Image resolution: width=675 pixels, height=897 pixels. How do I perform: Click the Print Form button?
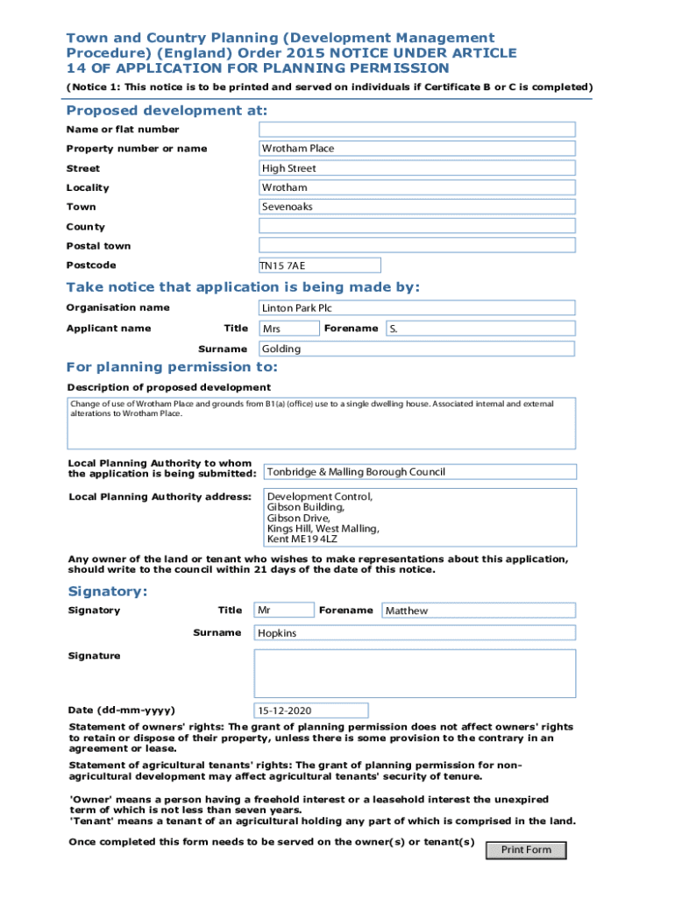(526, 850)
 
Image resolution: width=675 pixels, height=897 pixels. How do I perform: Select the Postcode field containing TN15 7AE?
(319, 265)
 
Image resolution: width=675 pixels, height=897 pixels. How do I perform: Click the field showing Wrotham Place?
(416, 149)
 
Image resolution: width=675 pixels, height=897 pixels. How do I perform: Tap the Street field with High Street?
(416, 168)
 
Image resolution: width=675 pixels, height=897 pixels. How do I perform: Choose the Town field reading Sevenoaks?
(416, 207)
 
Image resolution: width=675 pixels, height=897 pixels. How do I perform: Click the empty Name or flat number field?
(416, 130)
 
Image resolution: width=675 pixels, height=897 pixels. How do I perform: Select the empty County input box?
(416, 226)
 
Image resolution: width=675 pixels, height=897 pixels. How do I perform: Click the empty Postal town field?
(416, 245)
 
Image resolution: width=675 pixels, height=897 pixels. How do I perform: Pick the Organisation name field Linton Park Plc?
(416, 308)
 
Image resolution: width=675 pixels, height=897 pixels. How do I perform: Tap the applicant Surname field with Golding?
(416, 349)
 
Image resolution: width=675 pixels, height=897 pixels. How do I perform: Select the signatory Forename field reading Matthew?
(479, 611)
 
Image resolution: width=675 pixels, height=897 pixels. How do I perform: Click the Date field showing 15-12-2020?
(311, 710)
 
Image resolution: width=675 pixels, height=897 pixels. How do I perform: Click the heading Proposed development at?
(167, 111)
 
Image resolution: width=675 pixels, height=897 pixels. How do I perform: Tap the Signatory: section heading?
(108, 591)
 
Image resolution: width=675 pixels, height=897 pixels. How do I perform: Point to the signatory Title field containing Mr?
(283, 611)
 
